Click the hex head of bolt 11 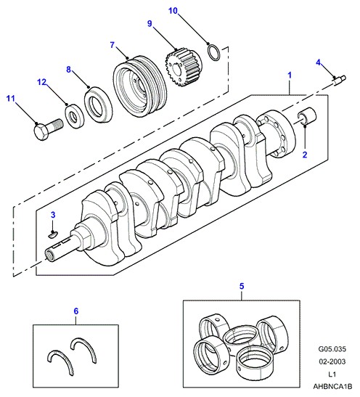pos(42,132)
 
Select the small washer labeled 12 pos(75,116)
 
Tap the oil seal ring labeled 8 pos(98,105)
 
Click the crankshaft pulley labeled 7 pos(139,86)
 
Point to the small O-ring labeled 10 pos(214,52)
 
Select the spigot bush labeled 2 pos(306,116)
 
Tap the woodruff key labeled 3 pos(53,234)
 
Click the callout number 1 pos(290,75)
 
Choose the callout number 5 pos(242,287)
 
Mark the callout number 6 pos(76,311)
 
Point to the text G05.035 pos(332,349)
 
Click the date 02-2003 pos(332,361)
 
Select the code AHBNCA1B pos(332,387)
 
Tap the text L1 pos(332,374)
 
